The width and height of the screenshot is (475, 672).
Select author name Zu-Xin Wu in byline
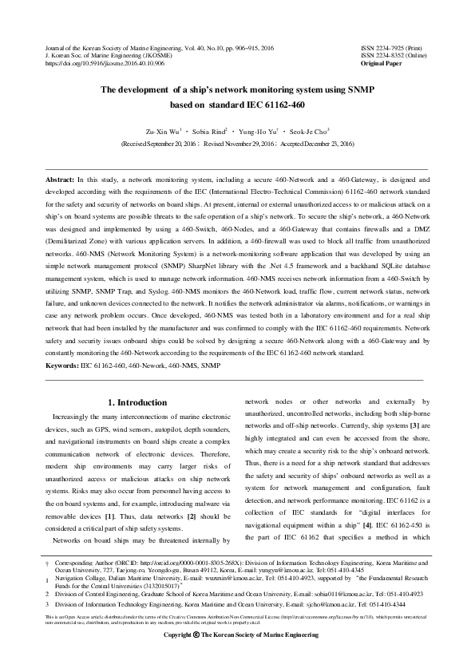point(160,130)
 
